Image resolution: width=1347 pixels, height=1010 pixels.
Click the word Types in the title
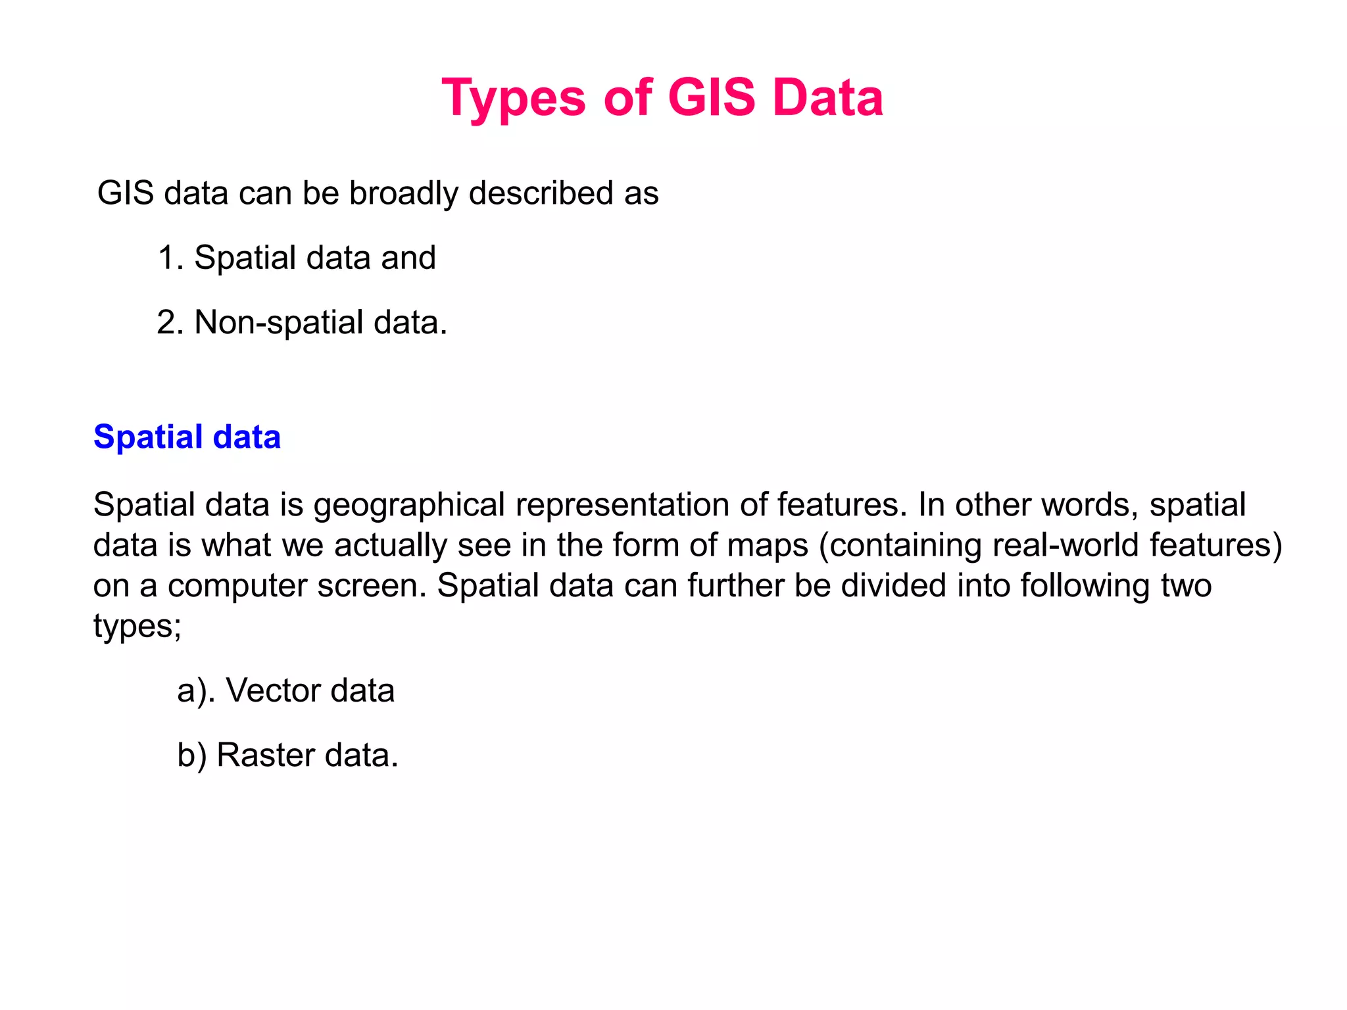[x=513, y=99]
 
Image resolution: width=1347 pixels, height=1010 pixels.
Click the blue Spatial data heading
[x=187, y=437]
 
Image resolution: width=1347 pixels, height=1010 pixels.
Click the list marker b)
[x=191, y=756]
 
